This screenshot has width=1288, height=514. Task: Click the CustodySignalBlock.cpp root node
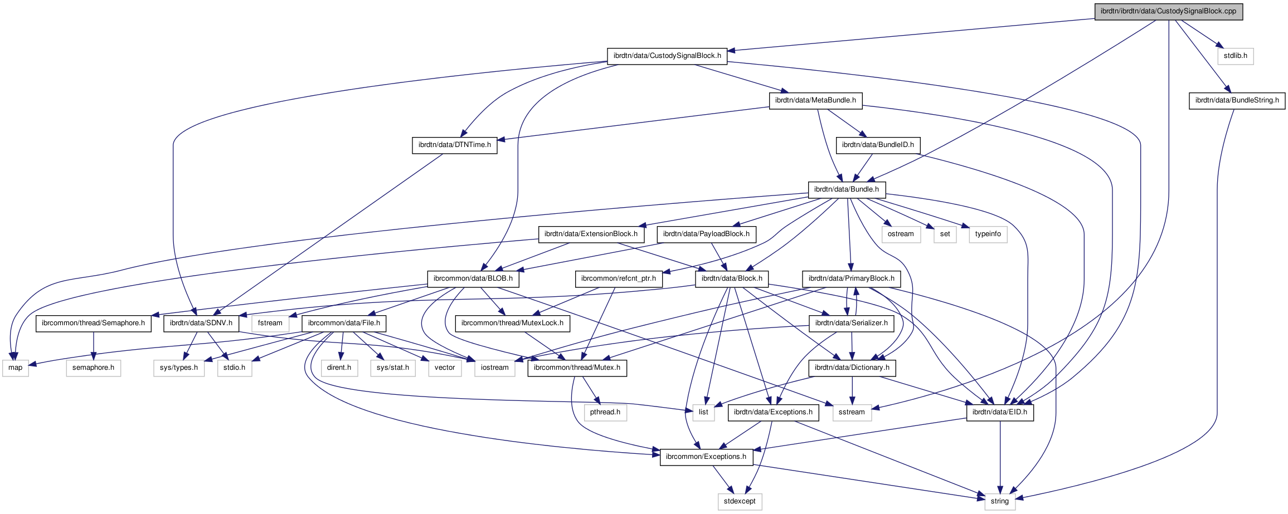(1168, 11)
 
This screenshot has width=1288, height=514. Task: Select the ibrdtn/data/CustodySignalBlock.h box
(667, 56)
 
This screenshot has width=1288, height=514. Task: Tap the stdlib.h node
(1235, 56)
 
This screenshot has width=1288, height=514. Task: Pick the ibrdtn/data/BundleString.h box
(1237, 100)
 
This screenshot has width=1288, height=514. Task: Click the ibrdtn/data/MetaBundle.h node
(815, 100)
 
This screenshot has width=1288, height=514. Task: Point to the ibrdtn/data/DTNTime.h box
(454, 145)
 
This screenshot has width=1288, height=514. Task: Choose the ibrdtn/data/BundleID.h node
(877, 145)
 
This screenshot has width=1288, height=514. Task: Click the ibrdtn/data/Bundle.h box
(846, 189)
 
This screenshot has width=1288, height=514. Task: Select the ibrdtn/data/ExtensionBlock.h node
(591, 234)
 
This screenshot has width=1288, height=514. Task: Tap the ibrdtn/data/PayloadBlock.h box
(706, 234)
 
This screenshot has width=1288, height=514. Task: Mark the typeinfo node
(988, 234)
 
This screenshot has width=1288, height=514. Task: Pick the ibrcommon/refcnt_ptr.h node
(618, 278)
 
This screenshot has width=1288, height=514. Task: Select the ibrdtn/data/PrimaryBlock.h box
(851, 278)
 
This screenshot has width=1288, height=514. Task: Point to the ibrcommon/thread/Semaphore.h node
(93, 323)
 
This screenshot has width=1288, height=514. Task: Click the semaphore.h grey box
(93, 368)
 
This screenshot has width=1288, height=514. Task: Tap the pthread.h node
(605, 412)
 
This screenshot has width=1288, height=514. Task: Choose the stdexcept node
(740, 501)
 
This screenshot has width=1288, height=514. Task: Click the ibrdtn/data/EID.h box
(999, 412)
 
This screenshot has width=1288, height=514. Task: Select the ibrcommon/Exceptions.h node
(706, 457)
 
